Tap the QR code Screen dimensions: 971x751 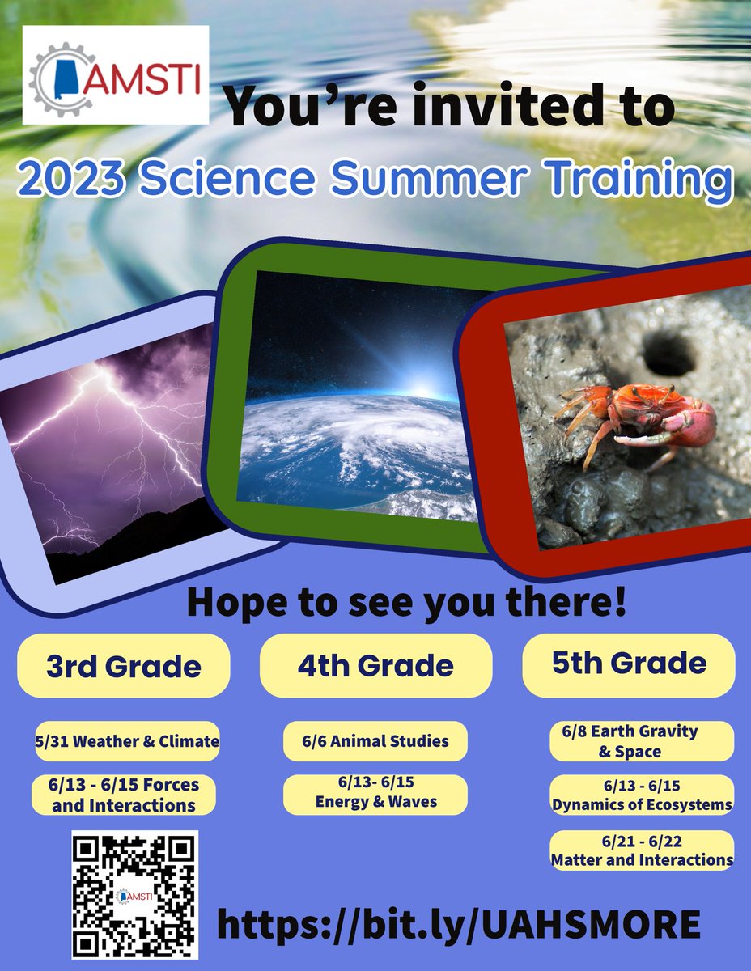[135, 894]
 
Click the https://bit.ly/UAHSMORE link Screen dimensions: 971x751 [458, 923]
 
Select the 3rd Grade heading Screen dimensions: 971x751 [124, 666]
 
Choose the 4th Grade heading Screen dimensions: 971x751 [375, 665]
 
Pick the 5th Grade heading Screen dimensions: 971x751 [629, 664]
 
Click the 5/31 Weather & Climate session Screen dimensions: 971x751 [127, 741]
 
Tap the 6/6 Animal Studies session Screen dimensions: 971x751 [375, 741]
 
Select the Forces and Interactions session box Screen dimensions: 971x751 [124, 795]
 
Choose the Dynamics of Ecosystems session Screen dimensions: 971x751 [642, 795]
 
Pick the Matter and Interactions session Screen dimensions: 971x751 [642, 850]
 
